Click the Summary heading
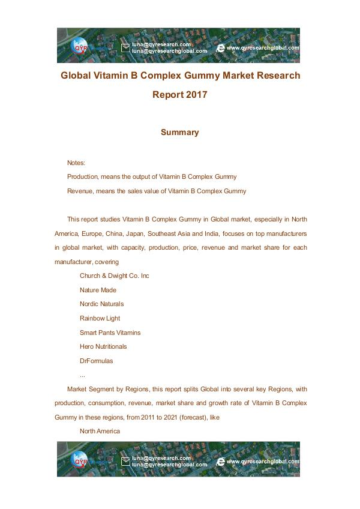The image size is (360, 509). coord(179,132)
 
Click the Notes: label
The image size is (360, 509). coord(76,163)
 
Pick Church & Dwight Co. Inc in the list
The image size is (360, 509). coord(114,276)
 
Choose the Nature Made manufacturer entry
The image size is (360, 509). coord(98,290)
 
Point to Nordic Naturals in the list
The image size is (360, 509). coord(101,304)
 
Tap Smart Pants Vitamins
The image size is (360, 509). coord(110,333)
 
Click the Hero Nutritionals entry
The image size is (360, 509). coord(103,346)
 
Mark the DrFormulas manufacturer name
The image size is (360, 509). coord(96,361)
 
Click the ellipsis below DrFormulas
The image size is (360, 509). coord(82,375)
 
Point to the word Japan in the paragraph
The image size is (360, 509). coord(140,233)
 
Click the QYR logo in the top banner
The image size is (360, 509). coord(80,47)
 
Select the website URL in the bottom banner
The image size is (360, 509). coord(263,462)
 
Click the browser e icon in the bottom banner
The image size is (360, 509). coord(221,462)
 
